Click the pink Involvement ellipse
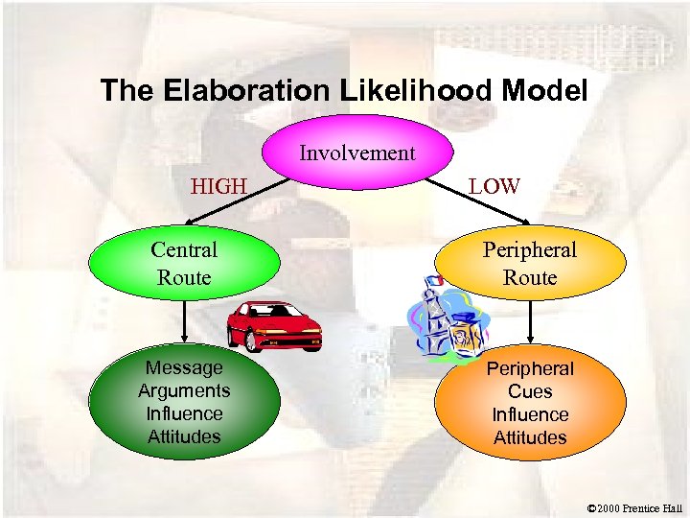356,154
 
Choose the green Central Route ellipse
184,263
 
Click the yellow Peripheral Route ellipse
529,263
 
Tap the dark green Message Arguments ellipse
184,402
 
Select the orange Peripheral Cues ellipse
529,402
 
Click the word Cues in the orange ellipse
530,391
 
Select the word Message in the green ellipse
184,367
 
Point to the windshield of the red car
274,311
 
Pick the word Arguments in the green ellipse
184,390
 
